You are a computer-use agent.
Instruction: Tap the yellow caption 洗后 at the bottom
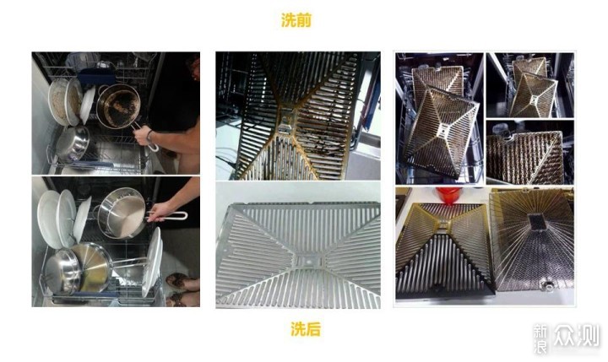(x=305, y=329)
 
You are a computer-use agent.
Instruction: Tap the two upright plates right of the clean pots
(x=153, y=262)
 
